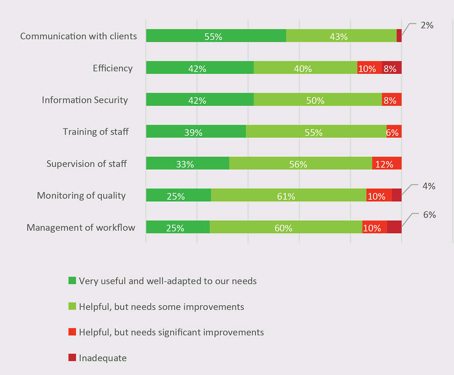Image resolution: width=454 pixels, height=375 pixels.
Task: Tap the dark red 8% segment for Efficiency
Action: [x=392, y=68]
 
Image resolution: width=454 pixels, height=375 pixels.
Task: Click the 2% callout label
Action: [x=427, y=25]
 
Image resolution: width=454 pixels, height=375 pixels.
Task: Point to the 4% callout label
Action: [x=429, y=186]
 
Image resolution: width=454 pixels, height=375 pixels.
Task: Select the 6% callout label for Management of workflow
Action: [x=429, y=215]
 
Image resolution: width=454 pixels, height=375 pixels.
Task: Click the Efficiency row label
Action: [x=113, y=69]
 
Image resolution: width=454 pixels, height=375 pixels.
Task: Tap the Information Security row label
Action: [x=85, y=100]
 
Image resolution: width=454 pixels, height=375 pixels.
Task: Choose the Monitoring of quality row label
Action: [x=81, y=196]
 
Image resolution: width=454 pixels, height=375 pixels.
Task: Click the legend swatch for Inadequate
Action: [x=72, y=358]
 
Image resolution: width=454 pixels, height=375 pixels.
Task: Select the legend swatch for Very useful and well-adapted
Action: [x=72, y=281]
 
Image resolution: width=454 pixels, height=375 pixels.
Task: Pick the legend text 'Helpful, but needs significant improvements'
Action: [x=171, y=332]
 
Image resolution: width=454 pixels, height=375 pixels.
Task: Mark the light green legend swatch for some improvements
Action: [x=72, y=306]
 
